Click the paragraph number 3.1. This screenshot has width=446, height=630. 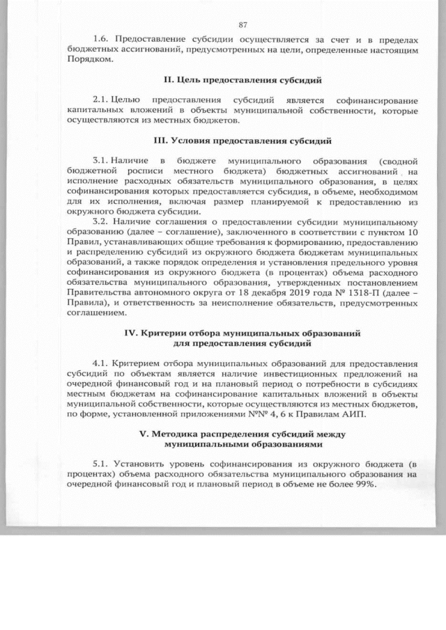(x=101, y=159)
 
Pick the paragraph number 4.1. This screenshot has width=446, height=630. (x=102, y=364)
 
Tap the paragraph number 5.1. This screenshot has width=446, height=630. (x=102, y=464)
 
